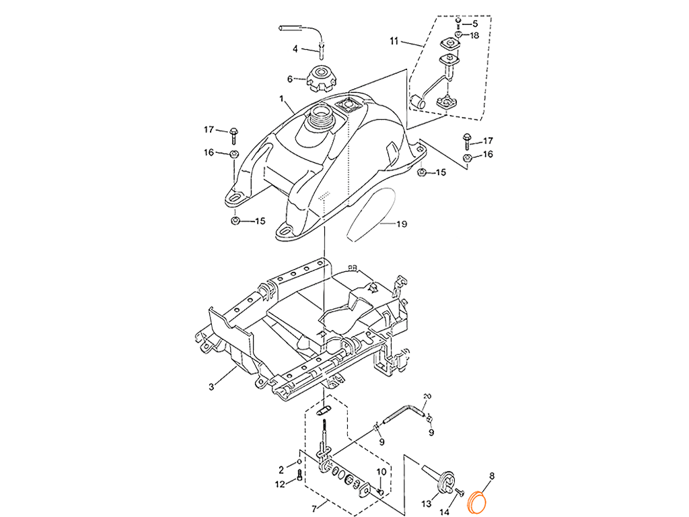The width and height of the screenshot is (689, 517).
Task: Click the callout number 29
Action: click(402, 223)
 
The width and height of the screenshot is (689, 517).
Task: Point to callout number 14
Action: click(444, 512)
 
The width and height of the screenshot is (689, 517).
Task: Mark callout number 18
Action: click(488, 154)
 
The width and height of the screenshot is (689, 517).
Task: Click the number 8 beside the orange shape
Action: click(492, 477)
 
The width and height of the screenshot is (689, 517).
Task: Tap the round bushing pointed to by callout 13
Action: click(447, 483)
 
